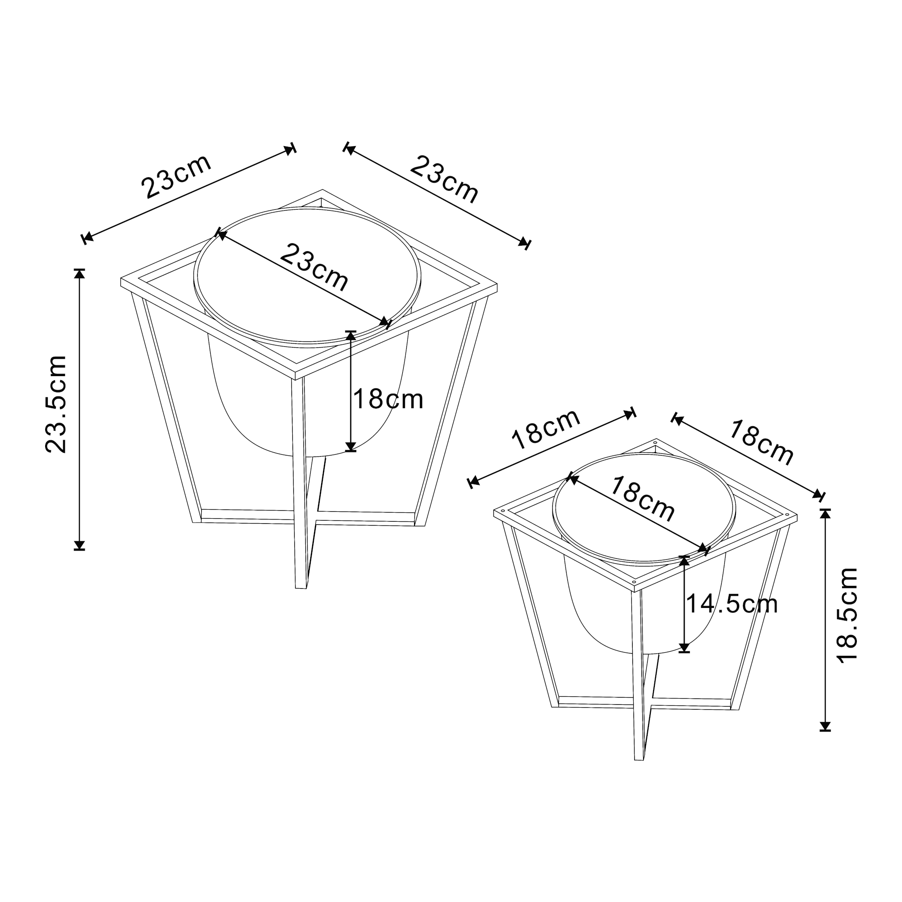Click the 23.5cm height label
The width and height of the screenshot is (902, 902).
[56, 404]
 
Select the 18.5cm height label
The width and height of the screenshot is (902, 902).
[847, 615]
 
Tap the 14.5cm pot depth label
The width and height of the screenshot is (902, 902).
[732, 604]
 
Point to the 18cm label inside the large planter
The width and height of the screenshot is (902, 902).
[388, 399]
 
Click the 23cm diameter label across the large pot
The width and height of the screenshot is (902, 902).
[314, 267]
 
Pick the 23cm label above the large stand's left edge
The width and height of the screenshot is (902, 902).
[176, 176]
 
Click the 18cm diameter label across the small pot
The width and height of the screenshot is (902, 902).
[642, 499]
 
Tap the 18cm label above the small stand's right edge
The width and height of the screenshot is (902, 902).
[761, 442]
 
